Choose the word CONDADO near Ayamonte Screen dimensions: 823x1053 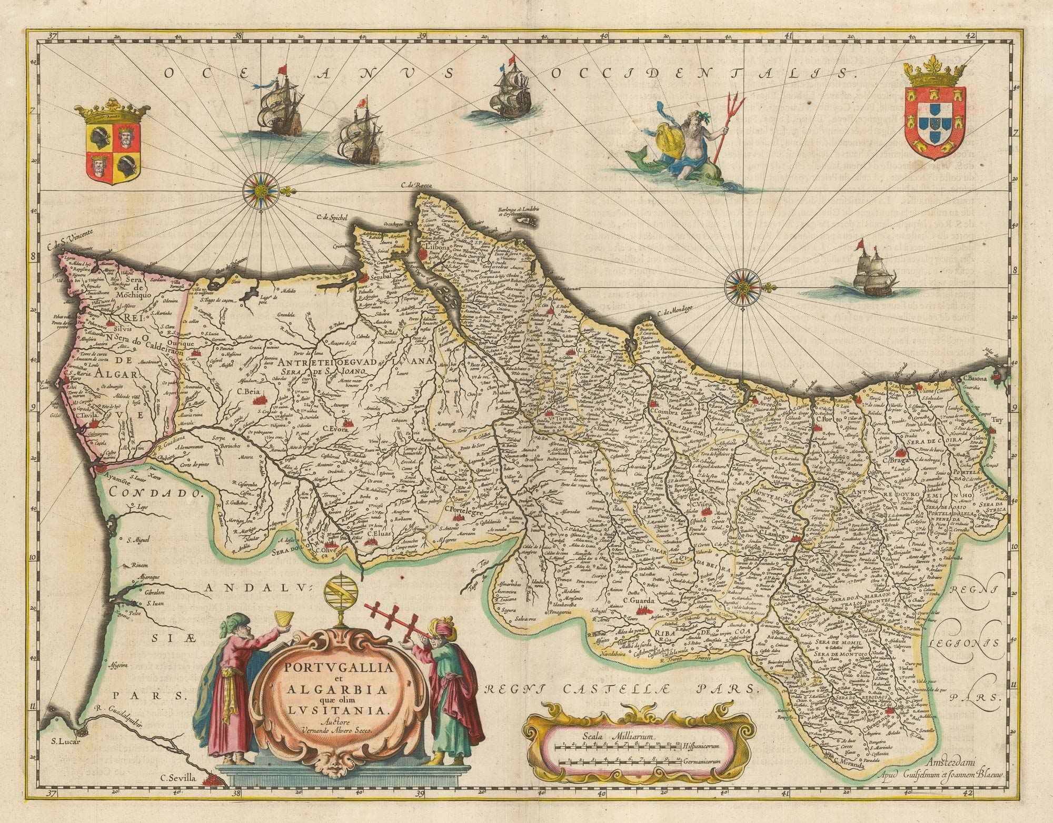155,494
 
